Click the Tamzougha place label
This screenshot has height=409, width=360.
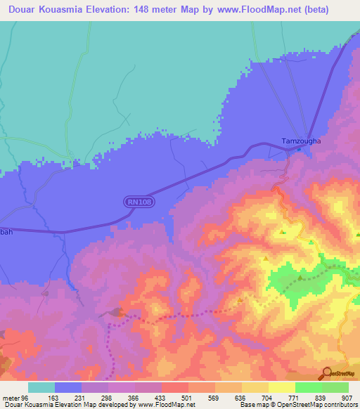(x=301, y=141)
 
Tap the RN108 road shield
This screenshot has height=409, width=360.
(x=139, y=202)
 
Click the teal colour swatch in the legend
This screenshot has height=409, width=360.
(x=41, y=387)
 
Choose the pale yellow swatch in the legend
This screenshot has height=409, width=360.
(x=281, y=387)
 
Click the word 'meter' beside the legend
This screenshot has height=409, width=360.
(x=10, y=397)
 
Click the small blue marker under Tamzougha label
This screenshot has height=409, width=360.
(x=299, y=148)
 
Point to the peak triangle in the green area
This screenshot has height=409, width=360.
(x=300, y=278)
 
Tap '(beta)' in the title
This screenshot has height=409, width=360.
(x=330, y=9)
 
